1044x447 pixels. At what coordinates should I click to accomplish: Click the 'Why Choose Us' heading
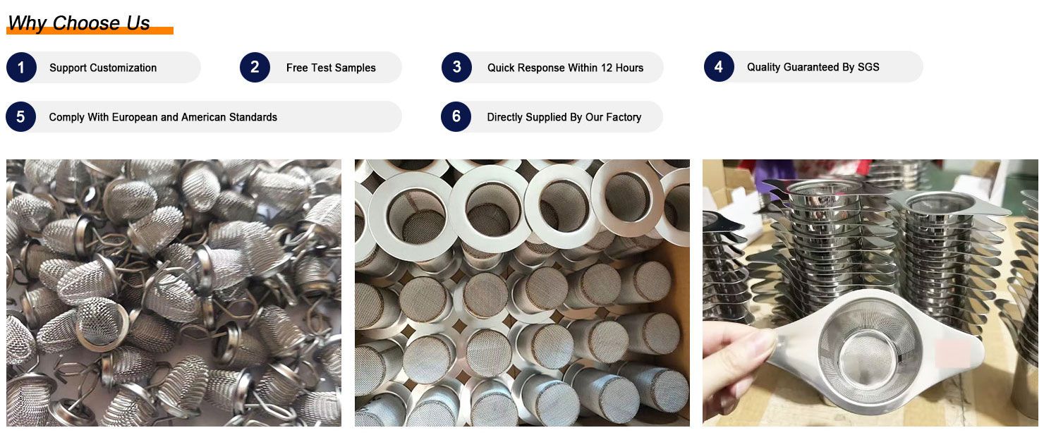79,23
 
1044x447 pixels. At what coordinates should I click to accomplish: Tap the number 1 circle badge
21,68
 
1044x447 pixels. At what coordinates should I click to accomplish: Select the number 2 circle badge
255,68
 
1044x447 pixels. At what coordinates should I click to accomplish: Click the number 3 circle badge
457,68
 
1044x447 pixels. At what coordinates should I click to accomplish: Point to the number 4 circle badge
719,66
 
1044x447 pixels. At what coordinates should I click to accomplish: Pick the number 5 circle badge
21,117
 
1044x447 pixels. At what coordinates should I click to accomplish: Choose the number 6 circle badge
456,117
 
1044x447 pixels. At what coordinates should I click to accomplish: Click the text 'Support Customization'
103,68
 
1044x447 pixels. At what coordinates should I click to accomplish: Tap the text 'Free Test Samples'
331,68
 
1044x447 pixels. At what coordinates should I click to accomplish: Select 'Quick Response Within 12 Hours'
565,68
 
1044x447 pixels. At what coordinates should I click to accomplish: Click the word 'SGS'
868,67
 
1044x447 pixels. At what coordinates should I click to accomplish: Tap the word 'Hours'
629,68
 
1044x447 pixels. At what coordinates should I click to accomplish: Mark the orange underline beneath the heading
90,31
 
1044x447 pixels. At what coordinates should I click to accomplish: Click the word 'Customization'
123,68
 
